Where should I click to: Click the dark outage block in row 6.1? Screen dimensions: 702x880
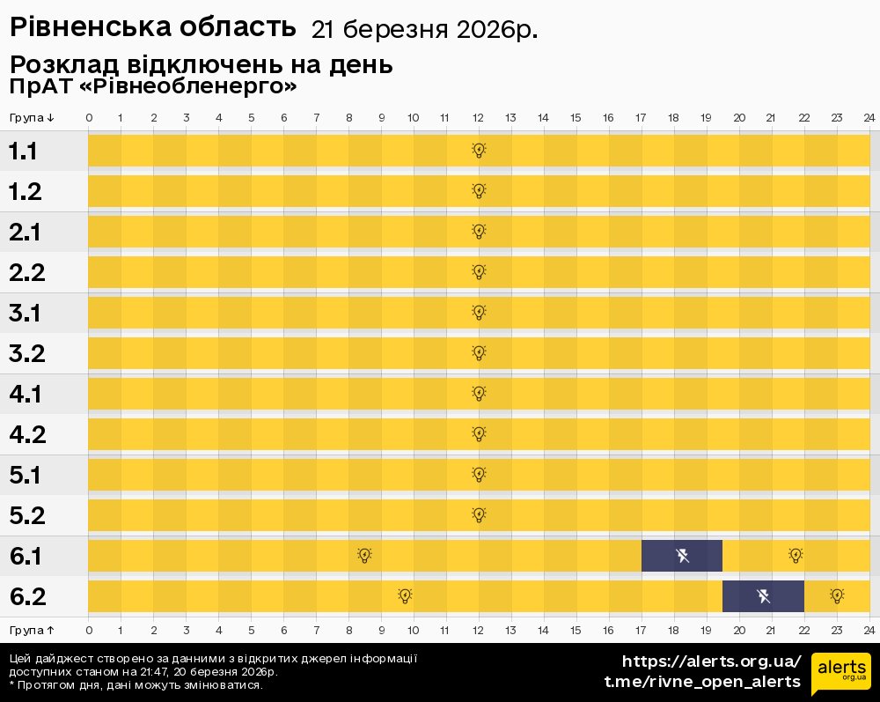pos(681,556)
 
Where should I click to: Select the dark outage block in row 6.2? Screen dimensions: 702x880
pos(763,596)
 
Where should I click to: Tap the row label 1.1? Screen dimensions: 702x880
pos(23,151)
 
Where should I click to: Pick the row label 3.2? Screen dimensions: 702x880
pos(26,354)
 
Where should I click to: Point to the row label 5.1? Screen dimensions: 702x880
pos(25,476)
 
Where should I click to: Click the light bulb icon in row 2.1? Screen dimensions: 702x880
pos(479,232)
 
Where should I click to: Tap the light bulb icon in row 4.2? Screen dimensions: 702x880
pos(479,434)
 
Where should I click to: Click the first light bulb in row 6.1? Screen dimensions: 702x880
pos(364,556)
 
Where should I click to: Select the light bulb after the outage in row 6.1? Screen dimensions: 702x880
pos(796,556)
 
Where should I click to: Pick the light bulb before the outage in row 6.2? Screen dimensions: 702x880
pos(405,596)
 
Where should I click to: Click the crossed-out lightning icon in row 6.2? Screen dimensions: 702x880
pos(763,596)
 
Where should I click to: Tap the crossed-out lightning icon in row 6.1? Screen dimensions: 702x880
pos(682,556)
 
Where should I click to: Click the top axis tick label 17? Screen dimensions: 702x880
pos(641,118)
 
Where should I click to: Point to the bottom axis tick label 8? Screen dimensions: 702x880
pos(348,630)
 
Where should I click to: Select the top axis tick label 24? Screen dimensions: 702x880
pos(869,118)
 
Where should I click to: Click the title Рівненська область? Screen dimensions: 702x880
pos(152,27)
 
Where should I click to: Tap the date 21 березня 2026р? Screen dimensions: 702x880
pos(424,30)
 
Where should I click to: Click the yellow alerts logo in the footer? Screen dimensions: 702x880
pos(840,674)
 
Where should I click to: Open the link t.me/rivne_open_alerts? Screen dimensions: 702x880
pos(702,682)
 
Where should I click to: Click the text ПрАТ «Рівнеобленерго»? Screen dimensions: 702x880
pos(152,86)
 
